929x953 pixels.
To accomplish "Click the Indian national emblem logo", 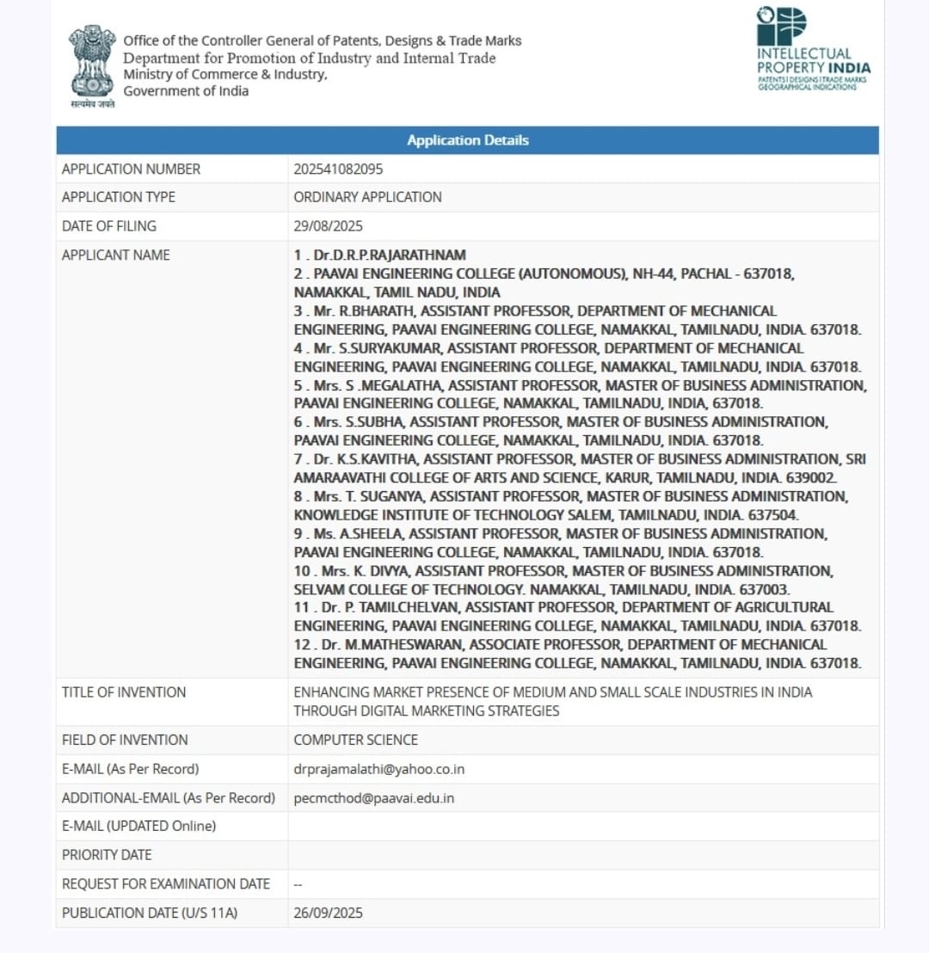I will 92,62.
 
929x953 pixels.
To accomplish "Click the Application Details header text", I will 468,140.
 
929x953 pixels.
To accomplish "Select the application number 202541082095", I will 338,169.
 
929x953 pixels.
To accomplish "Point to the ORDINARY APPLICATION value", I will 367,197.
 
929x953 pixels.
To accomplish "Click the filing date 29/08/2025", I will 328,226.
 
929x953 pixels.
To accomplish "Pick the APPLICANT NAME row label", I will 116,255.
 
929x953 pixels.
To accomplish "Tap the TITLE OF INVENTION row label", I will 124,692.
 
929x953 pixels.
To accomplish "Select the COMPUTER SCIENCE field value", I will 355,740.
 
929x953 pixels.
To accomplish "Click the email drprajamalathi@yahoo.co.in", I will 378,769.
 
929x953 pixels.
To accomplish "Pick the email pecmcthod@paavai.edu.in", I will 373,798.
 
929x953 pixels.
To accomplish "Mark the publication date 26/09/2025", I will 328,913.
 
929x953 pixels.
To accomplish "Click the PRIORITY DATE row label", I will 107,855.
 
